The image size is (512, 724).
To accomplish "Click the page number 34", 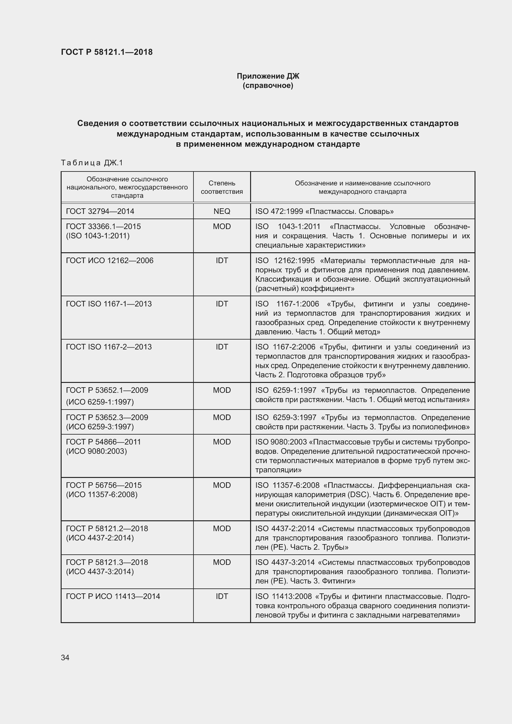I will (65, 657).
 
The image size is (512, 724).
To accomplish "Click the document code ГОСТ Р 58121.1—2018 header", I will (106, 52).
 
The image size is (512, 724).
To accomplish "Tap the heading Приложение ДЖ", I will (268, 76).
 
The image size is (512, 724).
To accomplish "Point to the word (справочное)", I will (268, 85).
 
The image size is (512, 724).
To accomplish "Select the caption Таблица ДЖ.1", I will (92, 163).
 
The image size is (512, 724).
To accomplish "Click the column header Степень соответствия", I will (222, 187).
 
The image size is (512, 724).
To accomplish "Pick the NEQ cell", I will (222, 211).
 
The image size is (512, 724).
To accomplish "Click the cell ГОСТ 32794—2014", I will (100, 211).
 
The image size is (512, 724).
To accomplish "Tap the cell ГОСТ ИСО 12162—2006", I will (109, 260).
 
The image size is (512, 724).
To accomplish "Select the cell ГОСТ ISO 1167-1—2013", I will (109, 304).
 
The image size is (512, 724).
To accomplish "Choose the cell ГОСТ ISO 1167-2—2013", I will (109, 347).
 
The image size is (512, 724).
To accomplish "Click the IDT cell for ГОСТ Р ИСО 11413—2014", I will (222, 596).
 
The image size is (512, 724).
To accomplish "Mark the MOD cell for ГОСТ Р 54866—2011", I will (222, 442).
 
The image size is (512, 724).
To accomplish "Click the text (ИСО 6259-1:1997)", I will (100, 402).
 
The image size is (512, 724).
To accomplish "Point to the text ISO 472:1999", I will (279, 211).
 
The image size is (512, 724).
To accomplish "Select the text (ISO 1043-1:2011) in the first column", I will (98, 236).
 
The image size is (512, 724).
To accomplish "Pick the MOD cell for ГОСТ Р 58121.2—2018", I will (222, 528).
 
